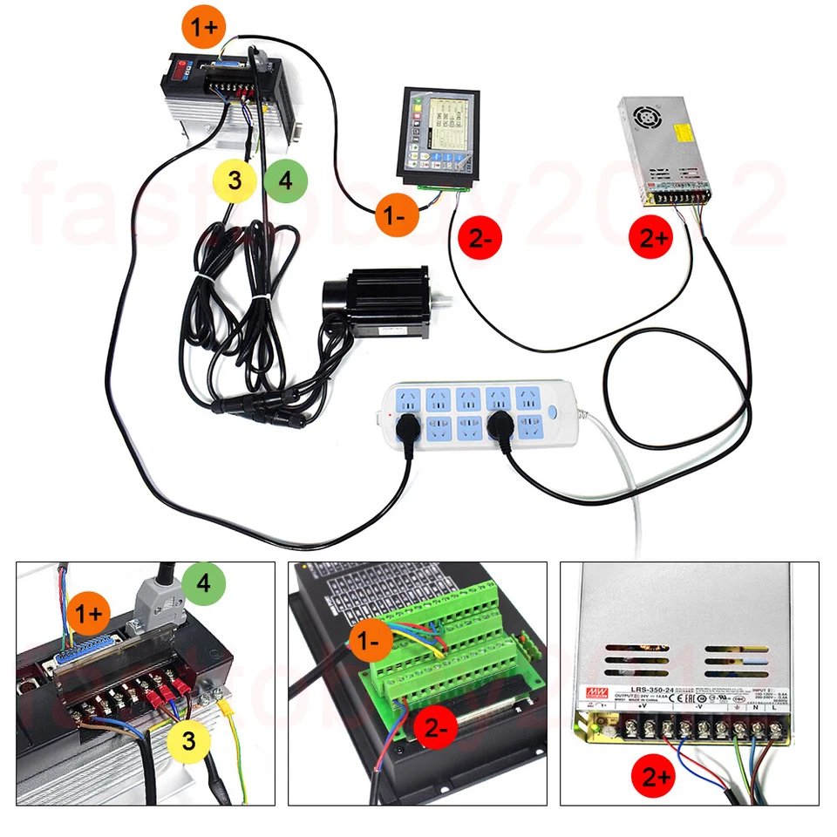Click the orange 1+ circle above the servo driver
click(205, 27)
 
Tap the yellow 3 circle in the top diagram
click(235, 180)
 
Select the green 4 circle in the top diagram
click(285, 180)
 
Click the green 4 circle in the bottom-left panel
click(204, 582)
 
